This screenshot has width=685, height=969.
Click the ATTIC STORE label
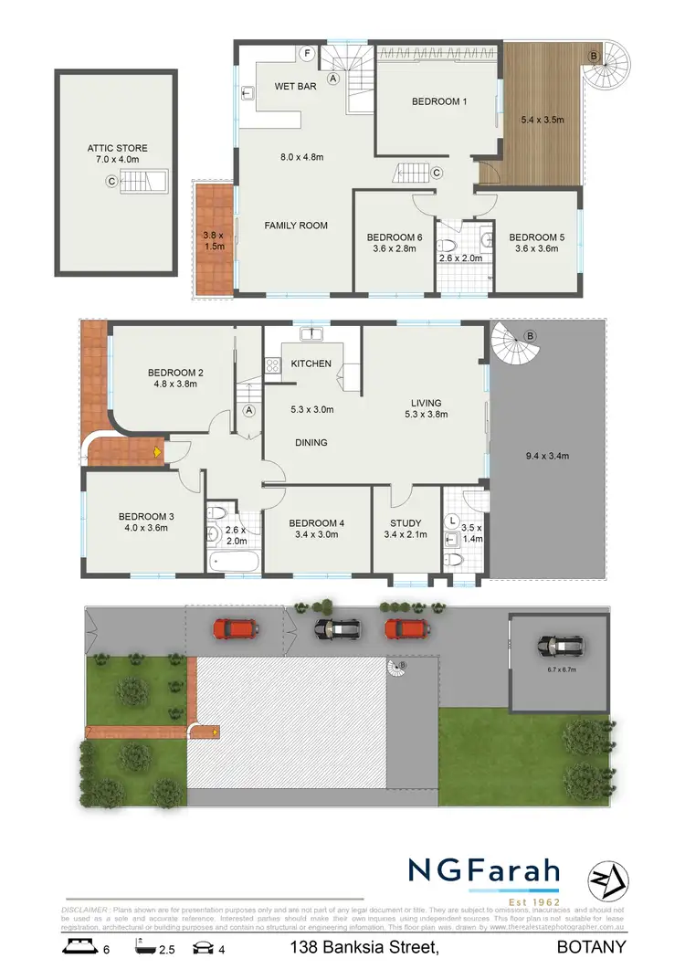(117, 148)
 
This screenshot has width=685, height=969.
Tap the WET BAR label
(293, 87)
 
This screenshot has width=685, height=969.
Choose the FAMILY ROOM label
(296, 225)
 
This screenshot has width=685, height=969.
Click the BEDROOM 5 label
(536, 237)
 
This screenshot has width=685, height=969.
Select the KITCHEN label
(311, 363)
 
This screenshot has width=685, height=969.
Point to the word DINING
(311, 442)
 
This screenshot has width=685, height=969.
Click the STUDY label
(406, 523)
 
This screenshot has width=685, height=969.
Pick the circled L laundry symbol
(454, 521)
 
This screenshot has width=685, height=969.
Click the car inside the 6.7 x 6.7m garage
(560, 647)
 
